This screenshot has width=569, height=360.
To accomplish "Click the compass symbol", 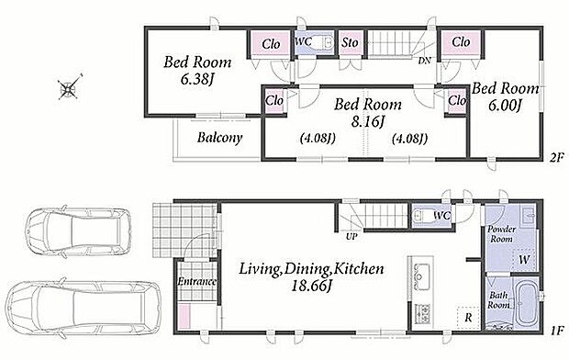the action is coord(68,87).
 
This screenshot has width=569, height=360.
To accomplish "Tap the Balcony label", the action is coord(220,138).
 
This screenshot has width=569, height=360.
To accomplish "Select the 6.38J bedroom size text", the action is coord(196,80).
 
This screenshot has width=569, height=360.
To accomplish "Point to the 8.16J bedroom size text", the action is coord(368,122).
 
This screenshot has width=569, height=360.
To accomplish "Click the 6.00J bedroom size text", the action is coord(505,106).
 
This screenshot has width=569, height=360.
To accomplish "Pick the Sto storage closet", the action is coord(351,43).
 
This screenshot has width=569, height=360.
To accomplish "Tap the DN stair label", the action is coord(424,61).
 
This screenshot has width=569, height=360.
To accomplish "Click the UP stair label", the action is coord(351,237).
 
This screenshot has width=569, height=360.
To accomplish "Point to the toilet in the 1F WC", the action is coord(422,216).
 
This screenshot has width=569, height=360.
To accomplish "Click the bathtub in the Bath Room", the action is coord(527,303).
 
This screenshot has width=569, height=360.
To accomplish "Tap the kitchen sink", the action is coord(420,276).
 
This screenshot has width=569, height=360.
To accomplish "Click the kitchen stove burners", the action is coord(422,313).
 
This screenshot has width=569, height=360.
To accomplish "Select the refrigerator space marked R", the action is coord(468,318).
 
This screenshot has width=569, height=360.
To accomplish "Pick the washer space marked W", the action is coord(524,259).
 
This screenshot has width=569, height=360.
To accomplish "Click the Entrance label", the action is coord(196,281).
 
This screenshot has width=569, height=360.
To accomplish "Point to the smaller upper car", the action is coord(78,232).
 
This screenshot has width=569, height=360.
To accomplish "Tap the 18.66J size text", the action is coord(311,286).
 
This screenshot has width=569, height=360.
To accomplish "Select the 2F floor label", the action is coord(556,157).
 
